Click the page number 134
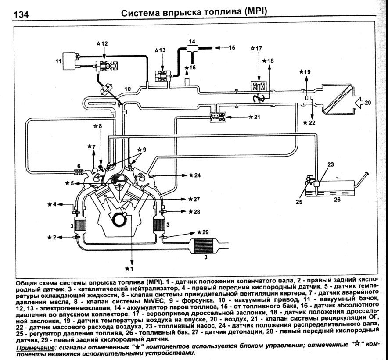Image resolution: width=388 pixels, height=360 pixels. coord(21,14)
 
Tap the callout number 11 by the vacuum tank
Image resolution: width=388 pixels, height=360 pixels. coord(59,61)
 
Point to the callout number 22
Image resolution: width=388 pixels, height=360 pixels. coord(311,123)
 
